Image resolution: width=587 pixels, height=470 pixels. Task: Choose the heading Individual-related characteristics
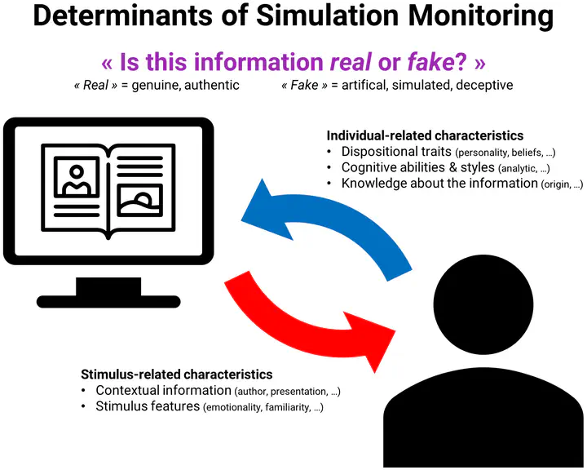[425, 135]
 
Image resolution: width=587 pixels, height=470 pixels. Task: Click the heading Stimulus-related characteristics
[177, 375]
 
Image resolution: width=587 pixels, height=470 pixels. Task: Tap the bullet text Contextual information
[163, 391]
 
